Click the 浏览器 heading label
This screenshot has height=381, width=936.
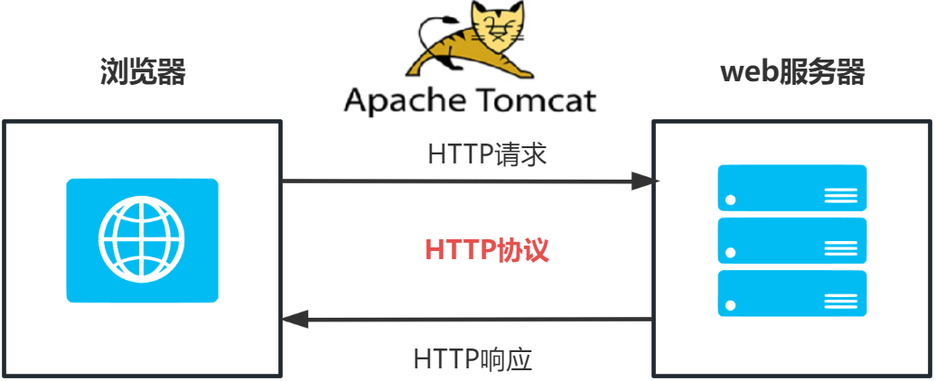click(142, 72)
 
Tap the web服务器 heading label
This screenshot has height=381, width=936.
click(791, 72)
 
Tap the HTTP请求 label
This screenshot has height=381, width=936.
click(487, 153)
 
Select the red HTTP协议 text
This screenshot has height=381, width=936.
click(487, 250)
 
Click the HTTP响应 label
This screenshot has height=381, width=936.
click(473, 358)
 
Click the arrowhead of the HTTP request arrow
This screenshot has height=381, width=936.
click(647, 181)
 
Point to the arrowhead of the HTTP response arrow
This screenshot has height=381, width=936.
click(295, 318)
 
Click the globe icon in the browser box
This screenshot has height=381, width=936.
click(142, 239)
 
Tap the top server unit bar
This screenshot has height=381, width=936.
click(791, 187)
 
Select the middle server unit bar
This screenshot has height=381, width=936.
click(791, 240)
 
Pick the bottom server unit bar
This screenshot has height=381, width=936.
click(791, 293)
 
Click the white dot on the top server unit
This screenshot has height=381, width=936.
click(731, 200)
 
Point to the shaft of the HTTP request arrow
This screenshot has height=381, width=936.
click(461, 181)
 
